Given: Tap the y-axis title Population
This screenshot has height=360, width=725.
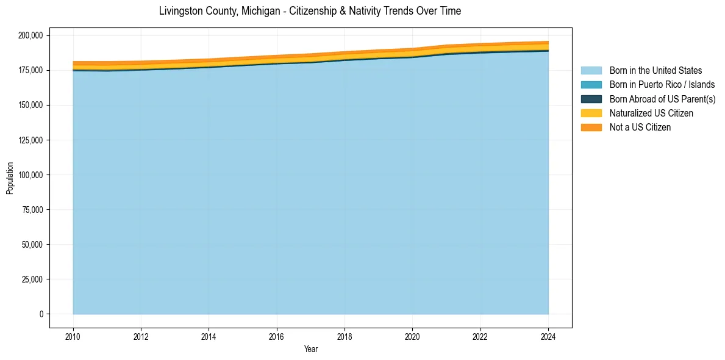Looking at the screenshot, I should [10, 178].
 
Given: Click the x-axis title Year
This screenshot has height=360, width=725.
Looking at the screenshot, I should [311, 349].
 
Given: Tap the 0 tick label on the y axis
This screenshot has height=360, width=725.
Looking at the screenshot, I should [41, 314].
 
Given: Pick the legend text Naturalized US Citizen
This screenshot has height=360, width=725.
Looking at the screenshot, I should [651, 113].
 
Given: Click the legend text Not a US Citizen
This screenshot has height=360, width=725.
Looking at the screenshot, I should [640, 128].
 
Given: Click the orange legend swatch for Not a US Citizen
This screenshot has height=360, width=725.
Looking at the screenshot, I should [591, 128].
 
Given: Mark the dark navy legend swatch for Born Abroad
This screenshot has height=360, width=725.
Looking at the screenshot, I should [591, 99].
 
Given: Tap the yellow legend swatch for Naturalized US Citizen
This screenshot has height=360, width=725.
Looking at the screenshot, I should [591, 113].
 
